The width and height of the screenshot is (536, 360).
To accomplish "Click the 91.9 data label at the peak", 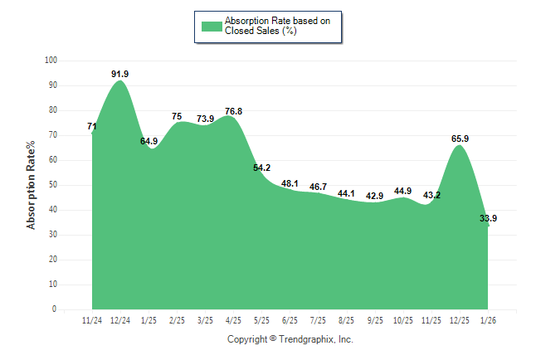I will (x=120, y=74).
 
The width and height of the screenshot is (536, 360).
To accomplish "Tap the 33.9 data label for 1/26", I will (x=489, y=219).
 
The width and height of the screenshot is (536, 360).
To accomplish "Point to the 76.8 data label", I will (x=233, y=111).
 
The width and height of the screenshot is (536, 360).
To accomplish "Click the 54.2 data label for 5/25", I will (x=261, y=168).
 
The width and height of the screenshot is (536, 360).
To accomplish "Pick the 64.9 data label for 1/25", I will (x=149, y=141).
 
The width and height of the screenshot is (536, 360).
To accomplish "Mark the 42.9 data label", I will (x=374, y=196).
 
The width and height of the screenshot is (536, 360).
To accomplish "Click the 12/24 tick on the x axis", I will (x=120, y=319).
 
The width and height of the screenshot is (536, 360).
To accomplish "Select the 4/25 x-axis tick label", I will (x=233, y=319).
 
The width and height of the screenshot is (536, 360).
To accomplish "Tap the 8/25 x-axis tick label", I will (x=346, y=319).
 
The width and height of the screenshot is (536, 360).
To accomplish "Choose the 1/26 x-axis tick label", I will (x=488, y=319).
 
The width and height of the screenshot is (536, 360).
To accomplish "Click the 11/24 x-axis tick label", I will (x=92, y=319).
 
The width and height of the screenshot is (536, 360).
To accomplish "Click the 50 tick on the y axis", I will (x=53, y=185).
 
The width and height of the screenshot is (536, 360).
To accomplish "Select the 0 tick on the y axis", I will (x=55, y=309).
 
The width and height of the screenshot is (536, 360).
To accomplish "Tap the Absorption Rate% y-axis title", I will (x=32, y=185).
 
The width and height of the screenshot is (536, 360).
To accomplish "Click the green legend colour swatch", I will (x=212, y=26).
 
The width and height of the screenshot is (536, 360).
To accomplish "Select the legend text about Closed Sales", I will (x=271, y=26).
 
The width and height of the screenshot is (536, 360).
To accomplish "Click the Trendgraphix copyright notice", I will (x=290, y=339).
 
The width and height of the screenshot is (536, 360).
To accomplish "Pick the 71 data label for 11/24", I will (x=92, y=127).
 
